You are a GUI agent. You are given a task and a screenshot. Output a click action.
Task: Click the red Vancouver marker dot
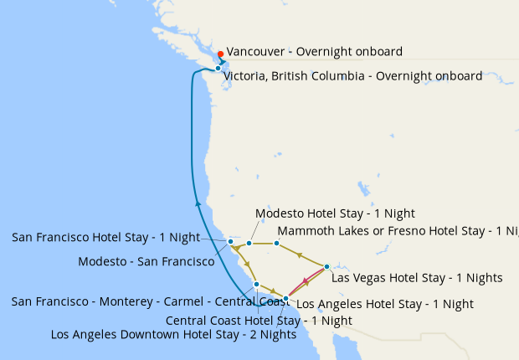221,54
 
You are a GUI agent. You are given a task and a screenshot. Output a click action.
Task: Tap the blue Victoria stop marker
218,69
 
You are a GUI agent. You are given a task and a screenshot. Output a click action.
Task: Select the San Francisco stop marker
231,241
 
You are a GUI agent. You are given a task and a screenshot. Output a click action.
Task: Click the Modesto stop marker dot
249,244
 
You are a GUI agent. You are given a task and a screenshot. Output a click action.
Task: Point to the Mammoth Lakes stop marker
276,244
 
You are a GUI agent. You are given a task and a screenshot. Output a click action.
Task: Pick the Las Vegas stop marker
326,266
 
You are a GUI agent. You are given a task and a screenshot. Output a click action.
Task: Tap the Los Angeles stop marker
285,299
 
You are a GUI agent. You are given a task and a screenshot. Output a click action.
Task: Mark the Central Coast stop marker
256,285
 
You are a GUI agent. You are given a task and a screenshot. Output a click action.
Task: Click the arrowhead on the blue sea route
198,203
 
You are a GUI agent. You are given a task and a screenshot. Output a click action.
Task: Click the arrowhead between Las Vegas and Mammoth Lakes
300,254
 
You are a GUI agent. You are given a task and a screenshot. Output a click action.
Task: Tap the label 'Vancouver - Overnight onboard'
314,52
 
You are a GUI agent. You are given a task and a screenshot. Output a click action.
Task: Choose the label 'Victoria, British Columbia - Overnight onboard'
352,76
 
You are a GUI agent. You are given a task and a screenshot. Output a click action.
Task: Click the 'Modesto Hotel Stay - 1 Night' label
335,213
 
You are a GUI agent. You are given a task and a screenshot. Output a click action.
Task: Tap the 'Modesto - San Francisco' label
146,261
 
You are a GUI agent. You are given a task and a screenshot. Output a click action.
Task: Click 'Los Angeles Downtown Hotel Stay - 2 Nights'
173,335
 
